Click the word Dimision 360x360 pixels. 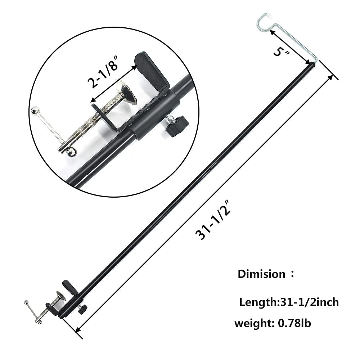point(261,274)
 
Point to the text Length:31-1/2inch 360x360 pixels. point(289,302)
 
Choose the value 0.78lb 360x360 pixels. point(294,323)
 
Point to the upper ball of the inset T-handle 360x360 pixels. point(35,110)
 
